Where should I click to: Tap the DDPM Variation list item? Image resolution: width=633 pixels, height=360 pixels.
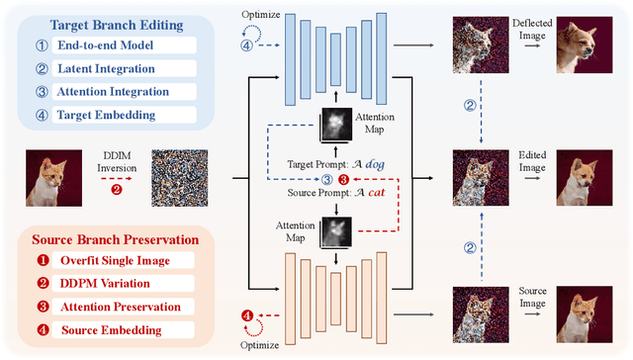point(115,285)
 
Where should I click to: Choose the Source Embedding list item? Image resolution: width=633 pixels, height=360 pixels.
point(117,330)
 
